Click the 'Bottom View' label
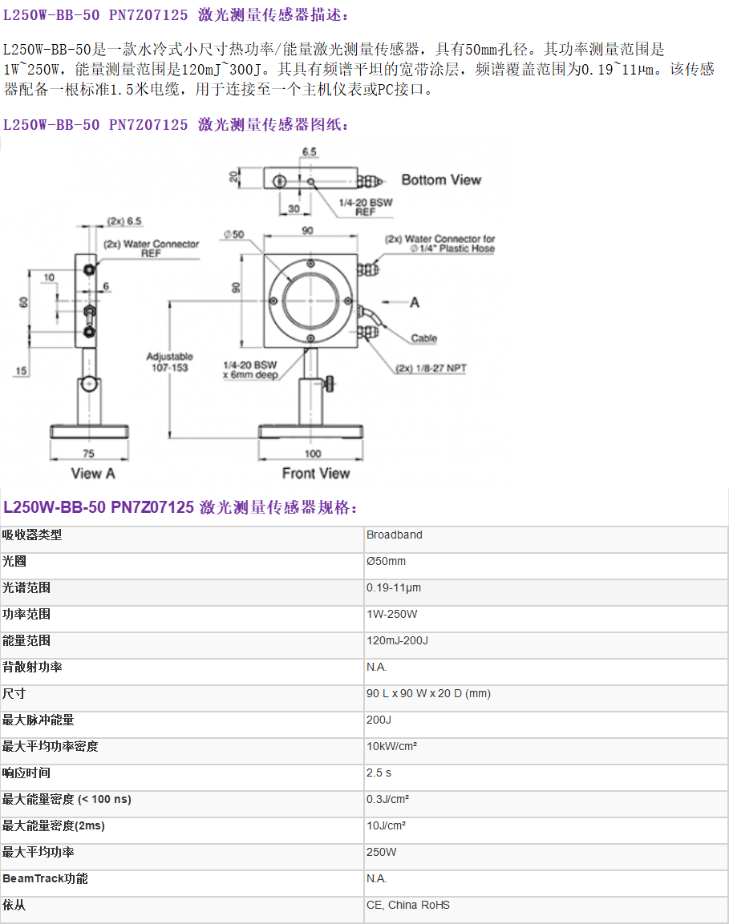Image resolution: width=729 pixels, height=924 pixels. coord(441,180)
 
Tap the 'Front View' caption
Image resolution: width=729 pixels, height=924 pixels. coord(315,473)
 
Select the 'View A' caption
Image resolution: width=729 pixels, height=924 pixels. coord(92,473)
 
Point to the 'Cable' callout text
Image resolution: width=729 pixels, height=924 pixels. coord(424,338)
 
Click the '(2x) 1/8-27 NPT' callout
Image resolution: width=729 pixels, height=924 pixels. coord(431,369)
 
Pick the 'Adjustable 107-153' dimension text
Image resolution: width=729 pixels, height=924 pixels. coord(170,361)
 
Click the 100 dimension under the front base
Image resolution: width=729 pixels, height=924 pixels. coord(313,454)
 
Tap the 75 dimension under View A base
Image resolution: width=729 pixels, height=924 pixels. coord(88,454)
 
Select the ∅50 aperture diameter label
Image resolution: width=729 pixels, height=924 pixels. coord(233,235)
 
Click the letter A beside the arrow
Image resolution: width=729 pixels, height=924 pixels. coord(415,302)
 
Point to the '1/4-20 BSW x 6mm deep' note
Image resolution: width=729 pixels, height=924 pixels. coord(250,370)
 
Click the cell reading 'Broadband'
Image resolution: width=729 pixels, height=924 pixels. coord(395,535)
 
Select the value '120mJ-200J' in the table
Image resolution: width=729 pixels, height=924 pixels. coord(398,640)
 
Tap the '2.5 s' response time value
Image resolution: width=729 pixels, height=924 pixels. coord(379,773)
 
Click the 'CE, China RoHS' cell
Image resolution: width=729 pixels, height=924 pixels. coord(408,905)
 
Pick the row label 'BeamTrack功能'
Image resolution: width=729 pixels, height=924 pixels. coord(45,878)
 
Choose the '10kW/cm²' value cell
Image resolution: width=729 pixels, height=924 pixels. coord(391,746)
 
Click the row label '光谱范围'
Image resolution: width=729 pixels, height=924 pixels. coord(26,587)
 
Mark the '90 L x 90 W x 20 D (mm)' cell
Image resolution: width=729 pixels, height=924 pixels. coord(428,693)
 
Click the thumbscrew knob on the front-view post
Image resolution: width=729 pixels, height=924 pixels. coord(329,384)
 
